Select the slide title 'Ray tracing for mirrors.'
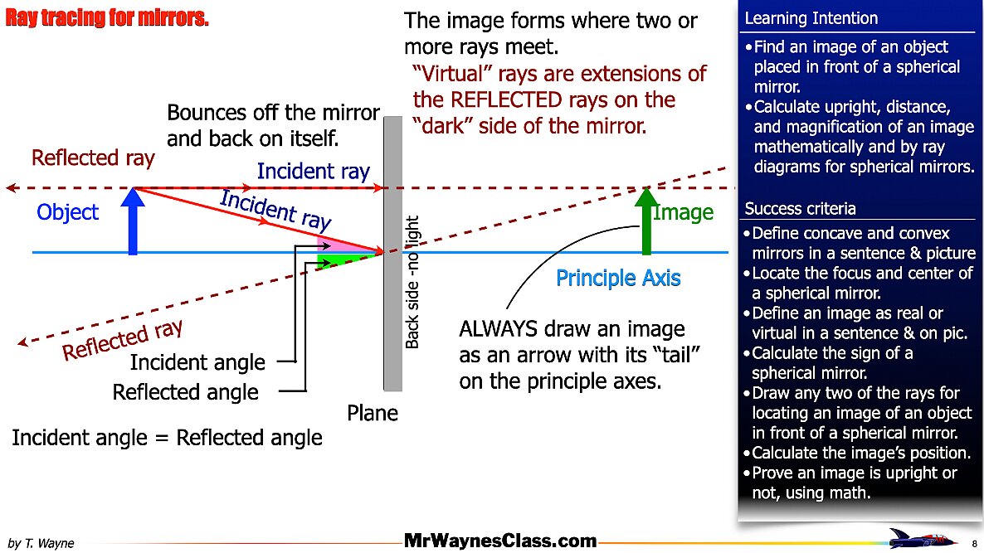coord(107,18)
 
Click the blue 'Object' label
coord(67,212)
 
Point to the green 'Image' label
coord(684,212)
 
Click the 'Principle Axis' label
coord(618,278)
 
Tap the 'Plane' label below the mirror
coord(373,413)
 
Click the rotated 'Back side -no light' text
coord(412,282)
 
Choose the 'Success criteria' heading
coord(801,208)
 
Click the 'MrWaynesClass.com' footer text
coord(501,541)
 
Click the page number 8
coord(973,542)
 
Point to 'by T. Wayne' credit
coord(41,543)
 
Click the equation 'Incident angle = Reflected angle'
coord(167,437)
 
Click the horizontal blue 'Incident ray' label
coord(313,172)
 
